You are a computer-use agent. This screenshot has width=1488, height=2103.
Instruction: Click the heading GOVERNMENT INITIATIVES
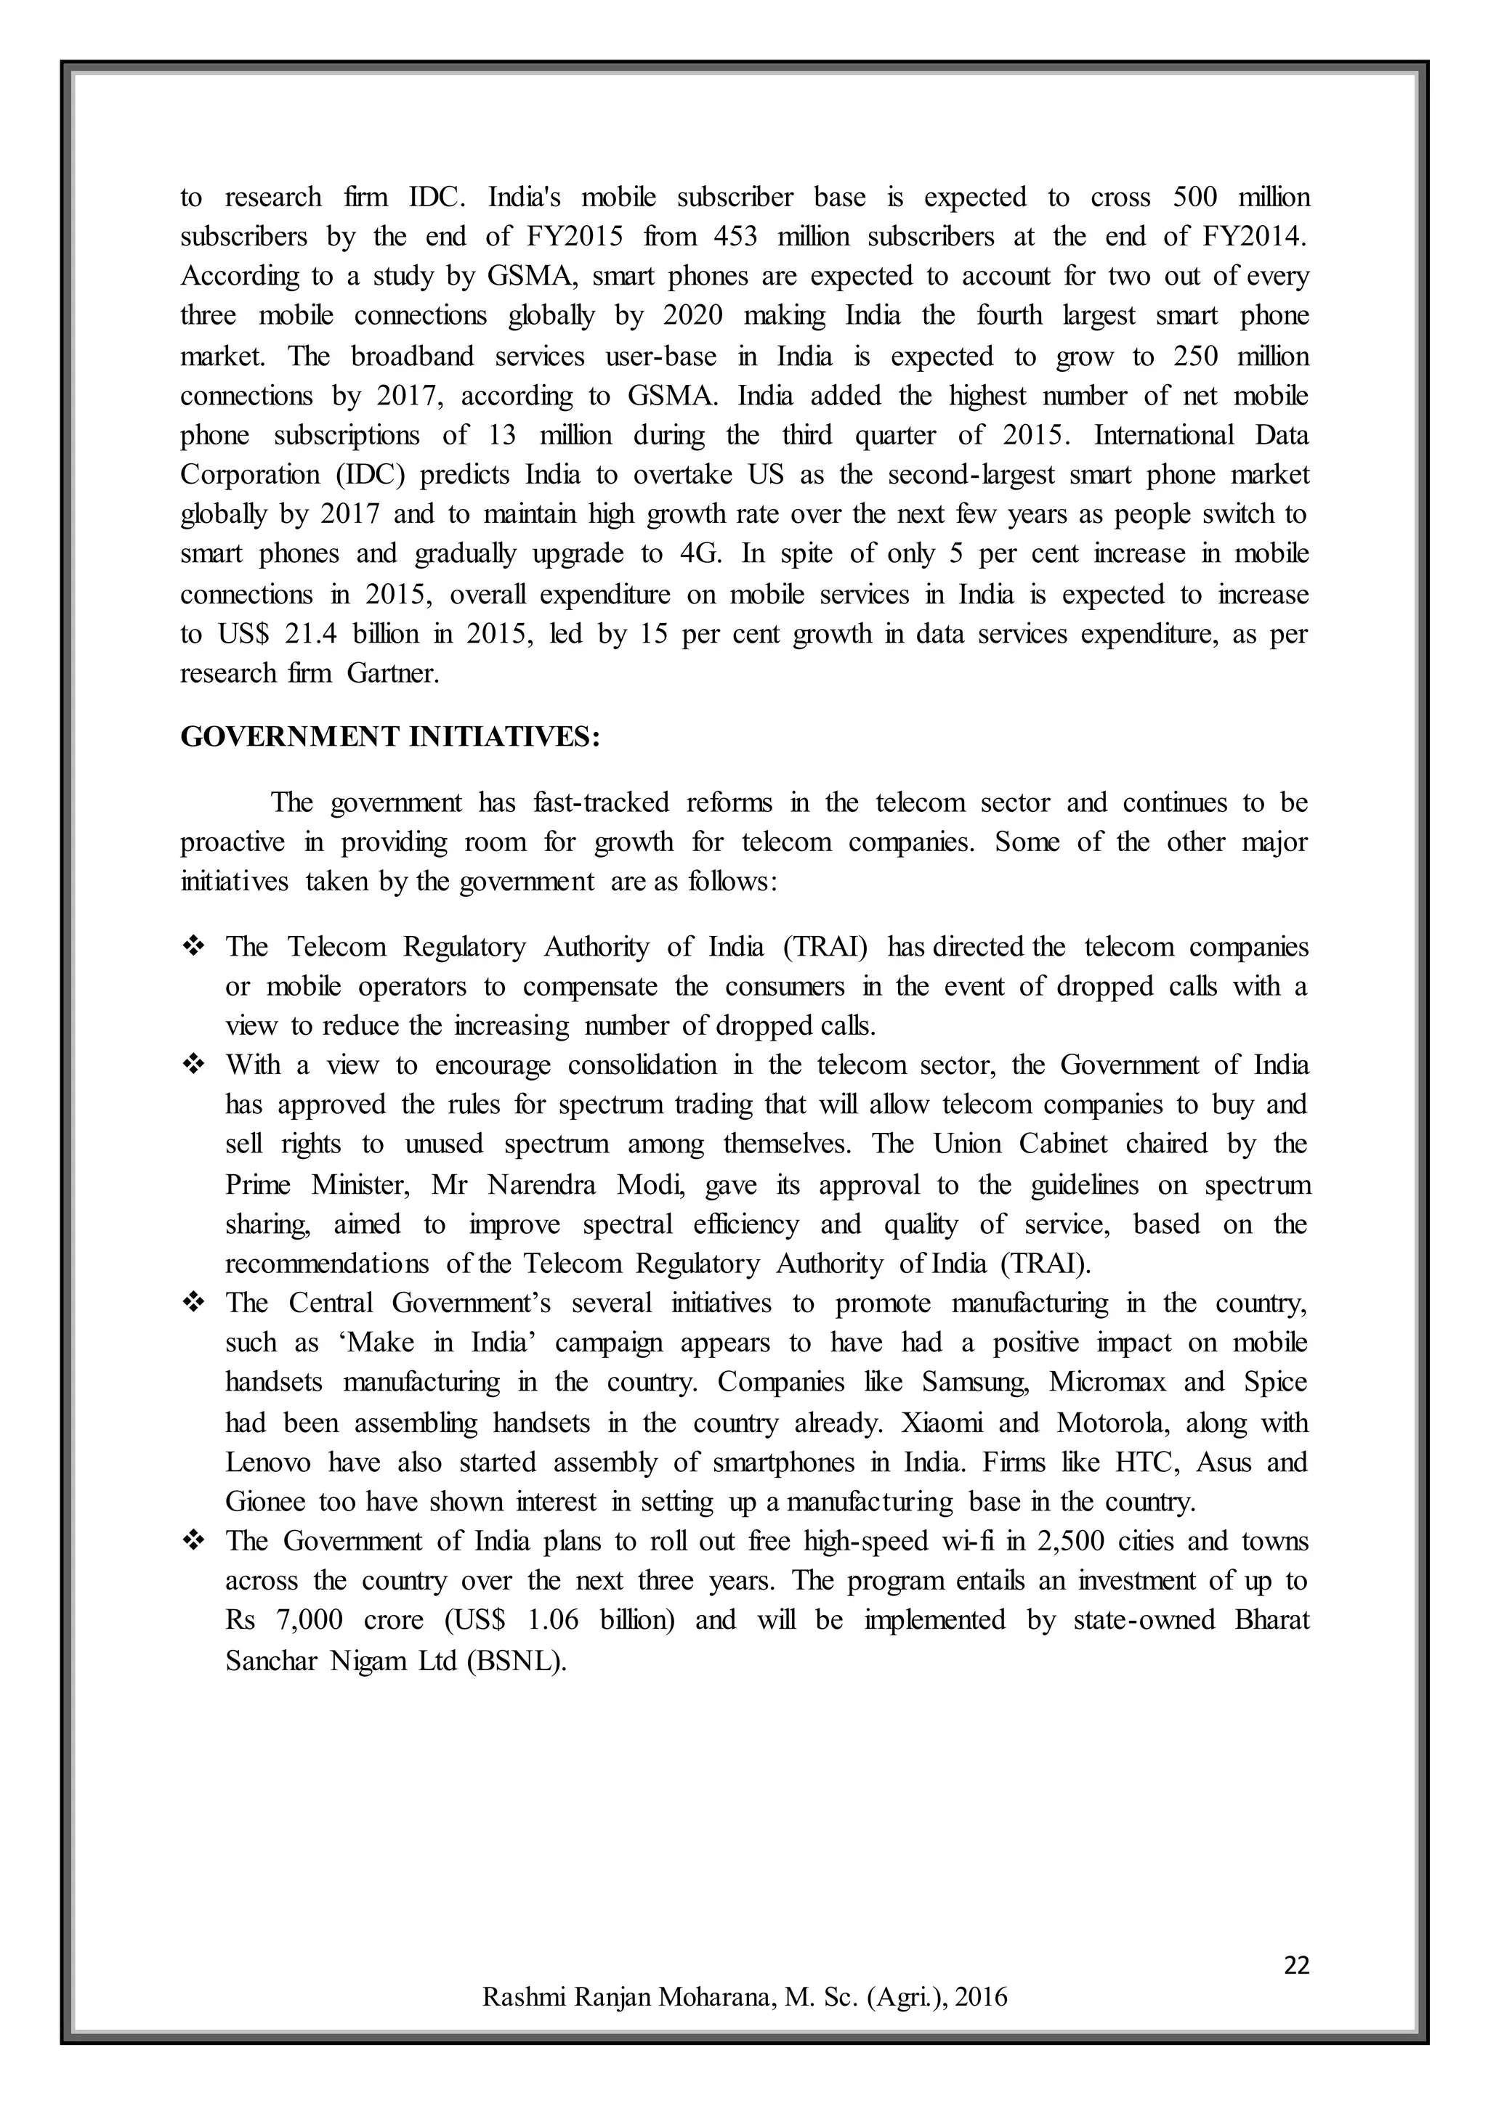coord(389,737)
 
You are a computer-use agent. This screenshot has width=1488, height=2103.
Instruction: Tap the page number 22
coord(1296,1965)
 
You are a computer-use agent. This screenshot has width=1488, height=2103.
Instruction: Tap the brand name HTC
coord(1144,1463)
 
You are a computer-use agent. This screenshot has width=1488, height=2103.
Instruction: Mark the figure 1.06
coord(554,1620)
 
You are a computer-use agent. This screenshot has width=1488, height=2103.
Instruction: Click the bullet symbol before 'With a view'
coord(194,1065)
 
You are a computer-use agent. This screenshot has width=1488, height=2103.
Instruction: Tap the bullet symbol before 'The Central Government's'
coord(194,1303)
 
